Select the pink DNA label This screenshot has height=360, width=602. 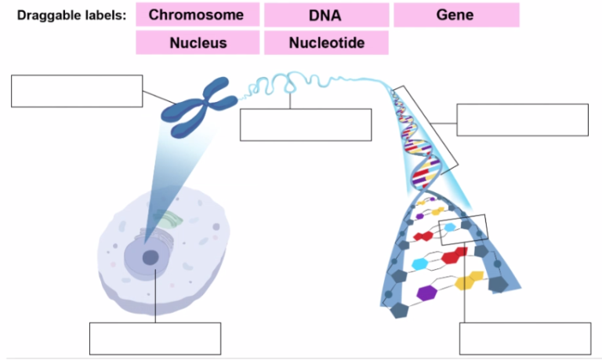[326, 15]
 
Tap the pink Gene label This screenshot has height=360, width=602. [455, 15]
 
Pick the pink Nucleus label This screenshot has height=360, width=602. [198, 43]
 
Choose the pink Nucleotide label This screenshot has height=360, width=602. [326, 43]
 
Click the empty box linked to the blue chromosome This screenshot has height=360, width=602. [77, 91]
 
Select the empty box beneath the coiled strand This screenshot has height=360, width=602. [305, 125]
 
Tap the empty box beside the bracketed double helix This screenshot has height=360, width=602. [522, 119]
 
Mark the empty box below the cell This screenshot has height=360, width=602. [155, 338]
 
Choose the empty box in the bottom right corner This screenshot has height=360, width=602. [525, 338]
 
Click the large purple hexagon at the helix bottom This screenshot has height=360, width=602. [426, 293]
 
